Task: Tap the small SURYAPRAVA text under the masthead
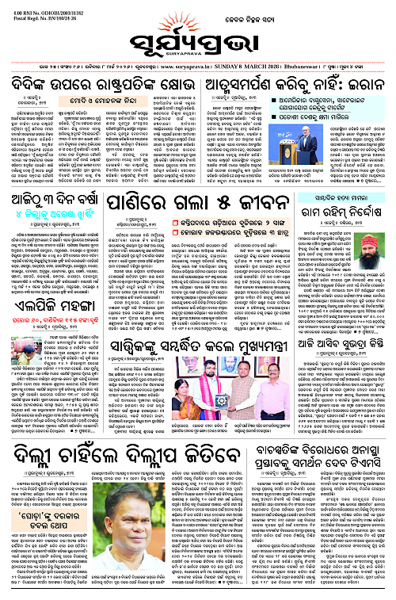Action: [x=197, y=47]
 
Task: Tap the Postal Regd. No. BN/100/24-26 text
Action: [x=36, y=13]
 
